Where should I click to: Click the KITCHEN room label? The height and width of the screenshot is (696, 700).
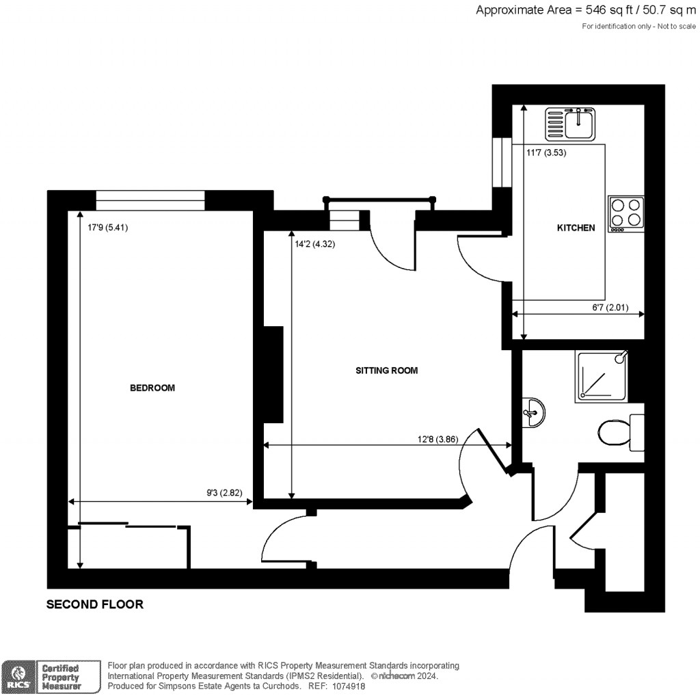(576, 228)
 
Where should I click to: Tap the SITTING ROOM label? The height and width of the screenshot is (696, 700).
(387, 370)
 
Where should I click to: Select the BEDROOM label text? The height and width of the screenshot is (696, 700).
(152, 388)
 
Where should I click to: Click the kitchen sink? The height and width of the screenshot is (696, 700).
(571, 124)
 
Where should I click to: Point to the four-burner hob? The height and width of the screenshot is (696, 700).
(626, 214)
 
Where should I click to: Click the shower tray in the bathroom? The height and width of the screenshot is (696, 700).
(602, 376)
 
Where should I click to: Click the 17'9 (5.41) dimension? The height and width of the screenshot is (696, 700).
(107, 228)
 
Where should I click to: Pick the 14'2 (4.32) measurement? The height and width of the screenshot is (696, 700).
(314, 244)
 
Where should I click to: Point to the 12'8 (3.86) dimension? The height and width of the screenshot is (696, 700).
(438, 440)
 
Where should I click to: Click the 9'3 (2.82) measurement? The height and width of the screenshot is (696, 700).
(224, 493)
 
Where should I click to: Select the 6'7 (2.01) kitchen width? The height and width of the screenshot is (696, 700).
(610, 307)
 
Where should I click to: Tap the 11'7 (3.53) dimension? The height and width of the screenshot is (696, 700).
(546, 152)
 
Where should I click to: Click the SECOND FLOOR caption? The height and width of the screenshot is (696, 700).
(95, 604)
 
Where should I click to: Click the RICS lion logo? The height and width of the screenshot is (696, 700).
(18, 677)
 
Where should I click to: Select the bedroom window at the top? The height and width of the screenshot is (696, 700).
(150, 200)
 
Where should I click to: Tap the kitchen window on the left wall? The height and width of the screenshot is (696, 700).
(502, 162)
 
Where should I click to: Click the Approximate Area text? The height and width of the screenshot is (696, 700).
(586, 10)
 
